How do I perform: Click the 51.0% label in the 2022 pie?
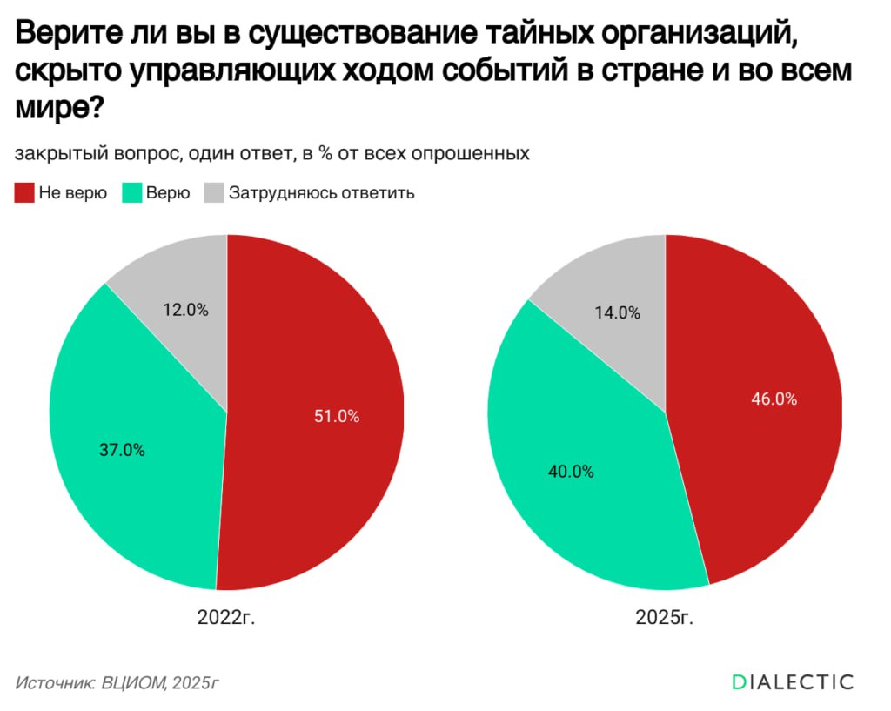pyautogui.click(x=336, y=416)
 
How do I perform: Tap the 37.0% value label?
pyautogui.click(x=123, y=450)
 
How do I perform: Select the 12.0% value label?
pyautogui.click(x=185, y=309)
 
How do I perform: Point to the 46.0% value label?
pyautogui.click(x=774, y=399)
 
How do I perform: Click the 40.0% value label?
pyautogui.click(x=571, y=472)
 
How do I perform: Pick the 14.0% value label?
pyautogui.click(x=618, y=312)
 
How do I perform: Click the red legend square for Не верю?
pyautogui.click(x=23, y=193)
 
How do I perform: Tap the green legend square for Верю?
pyautogui.click(x=132, y=193)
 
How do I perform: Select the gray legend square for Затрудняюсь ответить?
pyautogui.click(x=213, y=193)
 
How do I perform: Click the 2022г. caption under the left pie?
pyautogui.click(x=227, y=618)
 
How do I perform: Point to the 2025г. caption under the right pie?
pyautogui.click(x=665, y=618)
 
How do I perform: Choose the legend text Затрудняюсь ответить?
pyautogui.click(x=321, y=193)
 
